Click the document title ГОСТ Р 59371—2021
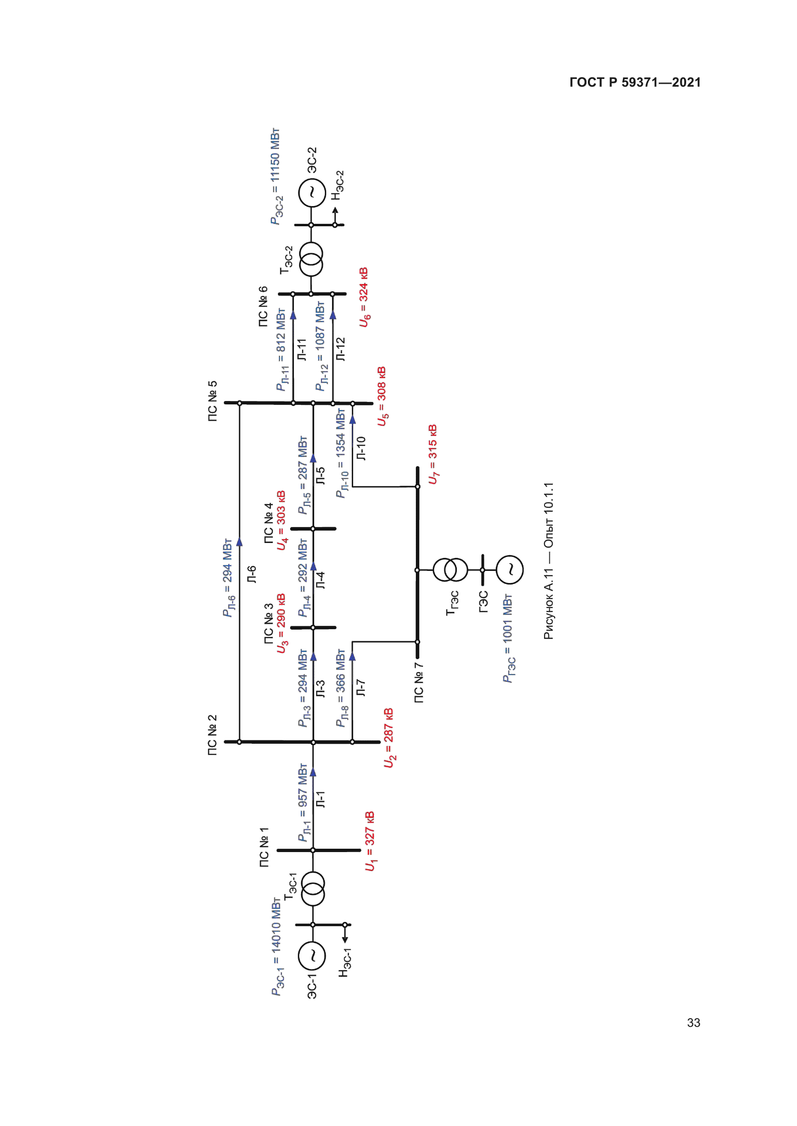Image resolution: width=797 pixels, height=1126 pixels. click(x=635, y=82)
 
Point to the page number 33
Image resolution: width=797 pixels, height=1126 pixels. click(x=693, y=1022)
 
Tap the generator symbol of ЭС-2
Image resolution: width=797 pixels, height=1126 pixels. click(x=312, y=193)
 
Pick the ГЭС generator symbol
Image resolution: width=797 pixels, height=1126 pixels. click(x=509, y=569)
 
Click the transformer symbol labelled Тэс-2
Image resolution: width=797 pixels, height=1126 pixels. click(x=311, y=259)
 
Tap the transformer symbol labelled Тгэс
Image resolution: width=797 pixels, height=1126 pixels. click(x=451, y=569)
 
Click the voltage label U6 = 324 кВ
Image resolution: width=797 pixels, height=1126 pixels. click(x=364, y=297)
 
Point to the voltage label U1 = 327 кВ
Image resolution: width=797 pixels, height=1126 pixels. click(x=370, y=841)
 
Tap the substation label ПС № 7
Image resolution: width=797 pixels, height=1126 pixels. click(x=419, y=683)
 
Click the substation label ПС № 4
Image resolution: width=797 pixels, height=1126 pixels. click(x=268, y=523)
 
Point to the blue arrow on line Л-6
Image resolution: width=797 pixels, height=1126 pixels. click(x=239, y=542)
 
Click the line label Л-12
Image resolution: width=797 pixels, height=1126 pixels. click(x=341, y=349)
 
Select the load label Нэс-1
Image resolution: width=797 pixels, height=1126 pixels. click(x=345, y=962)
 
